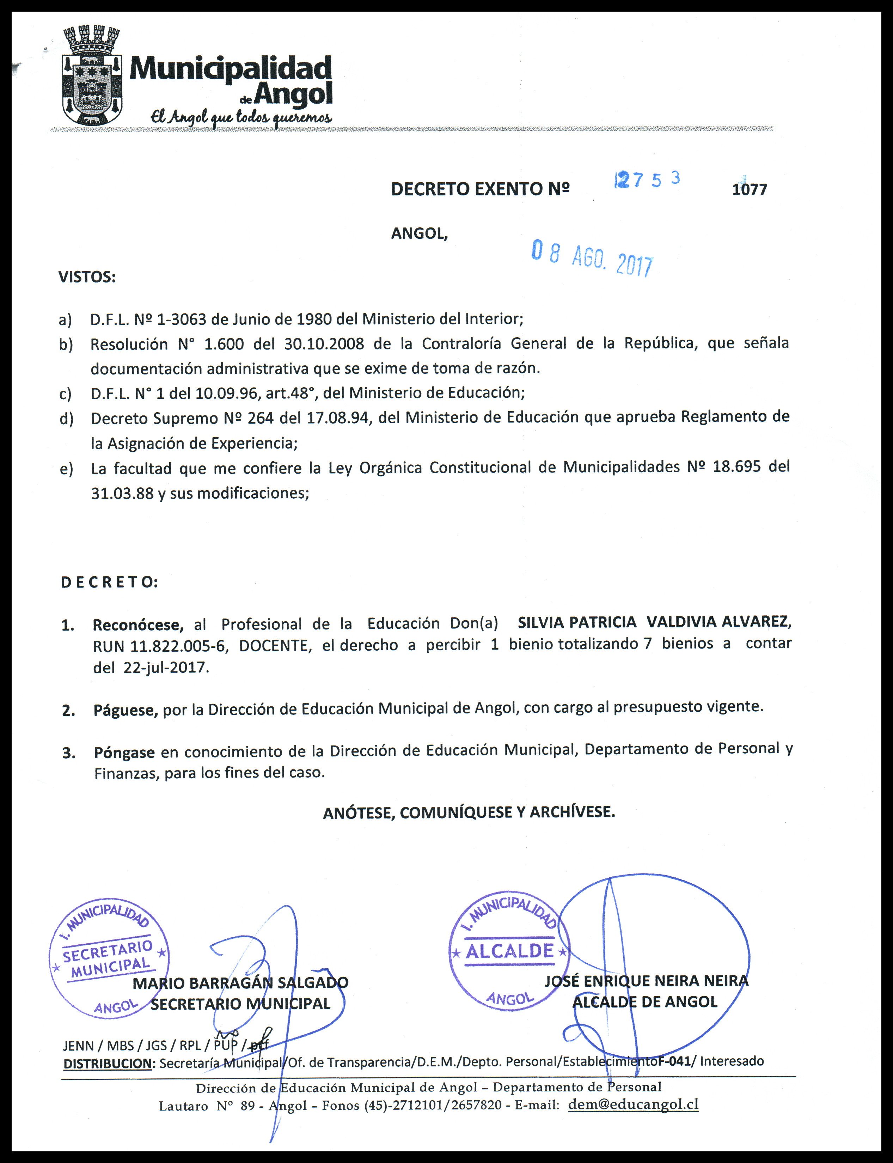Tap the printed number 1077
coord(750,190)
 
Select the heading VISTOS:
coord(87,277)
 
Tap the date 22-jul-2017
coord(164,668)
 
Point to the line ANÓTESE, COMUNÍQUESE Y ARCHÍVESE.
coord(469,812)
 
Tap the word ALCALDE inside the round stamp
coord(509,951)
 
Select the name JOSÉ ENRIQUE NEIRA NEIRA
coord(646,981)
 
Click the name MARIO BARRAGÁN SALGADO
coord(240,983)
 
